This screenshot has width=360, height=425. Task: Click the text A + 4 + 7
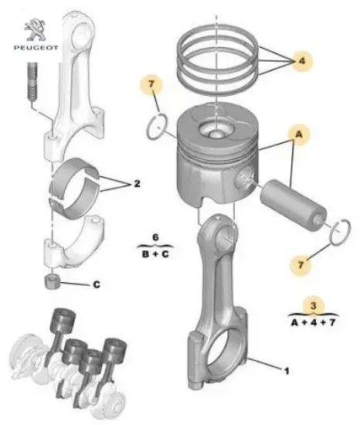312,321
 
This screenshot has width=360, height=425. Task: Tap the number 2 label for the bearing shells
136,184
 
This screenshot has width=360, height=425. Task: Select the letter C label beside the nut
97,284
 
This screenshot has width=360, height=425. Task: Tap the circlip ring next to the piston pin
335,230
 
